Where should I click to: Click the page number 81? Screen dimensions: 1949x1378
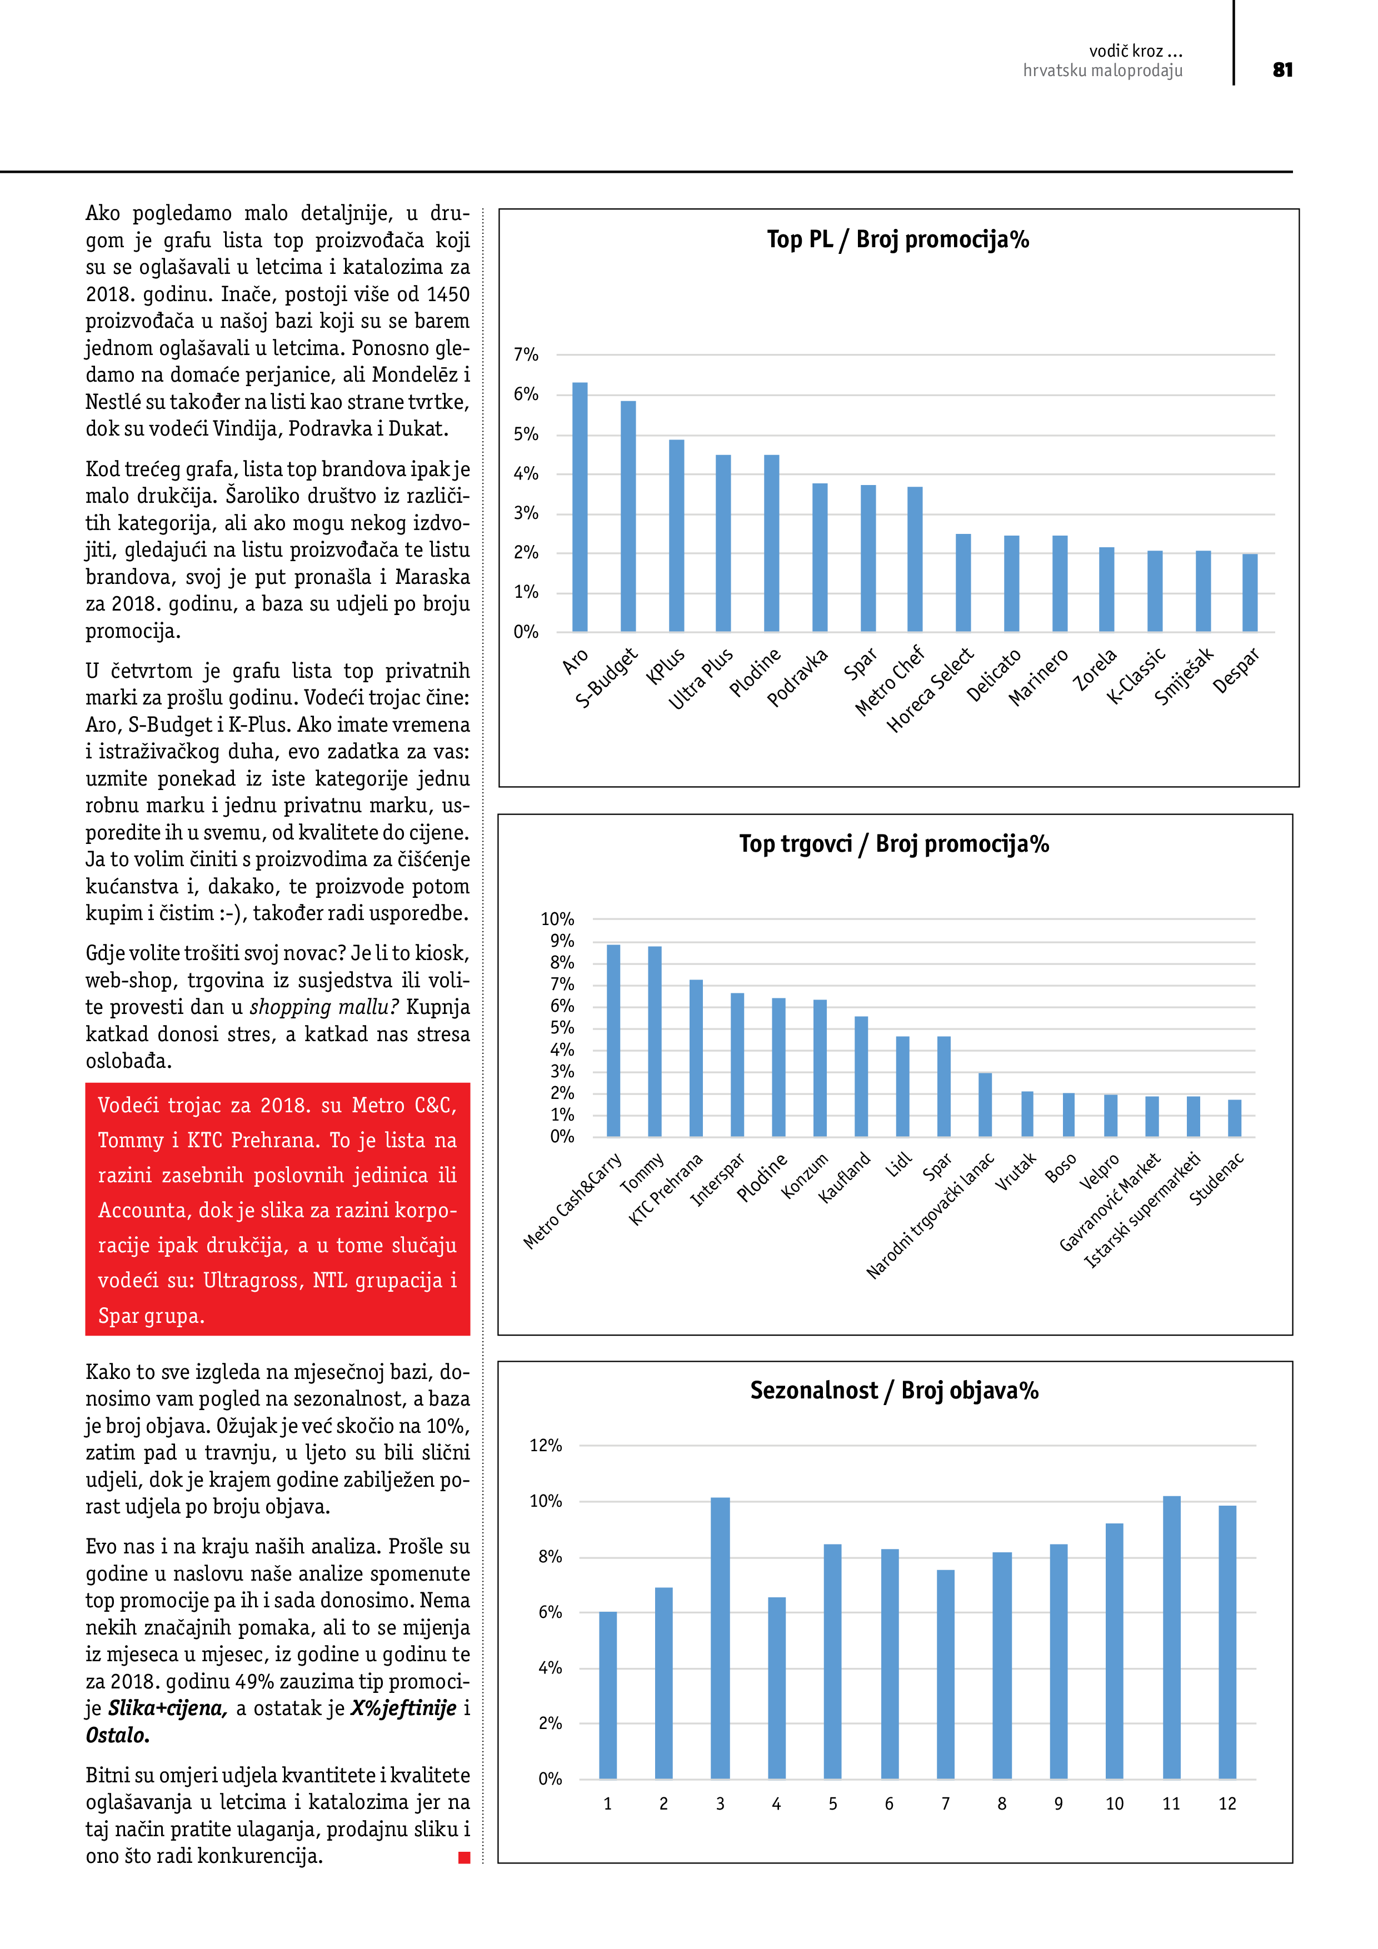(1282, 71)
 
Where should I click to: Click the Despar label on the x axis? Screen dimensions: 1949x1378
(1235, 671)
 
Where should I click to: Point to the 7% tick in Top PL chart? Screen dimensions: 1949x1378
(526, 355)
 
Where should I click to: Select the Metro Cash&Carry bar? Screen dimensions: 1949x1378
(613, 1040)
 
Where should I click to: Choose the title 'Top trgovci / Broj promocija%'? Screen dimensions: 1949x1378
(894, 844)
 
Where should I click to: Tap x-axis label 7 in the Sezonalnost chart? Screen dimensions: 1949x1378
(945, 1805)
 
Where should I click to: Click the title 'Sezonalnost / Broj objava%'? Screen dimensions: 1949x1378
(894, 1391)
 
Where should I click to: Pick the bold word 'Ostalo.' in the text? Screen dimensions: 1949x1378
(117, 1736)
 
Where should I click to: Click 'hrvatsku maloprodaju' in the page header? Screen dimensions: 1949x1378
(1102, 71)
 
